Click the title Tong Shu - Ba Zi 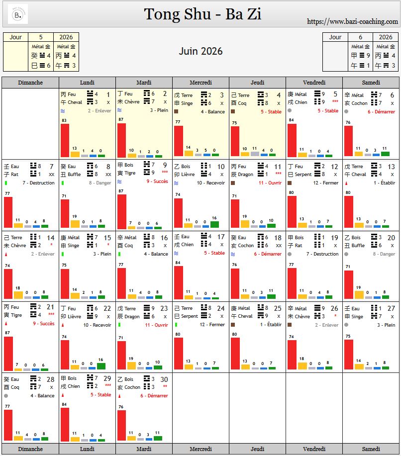click(202, 14)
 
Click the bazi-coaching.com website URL click(352, 21)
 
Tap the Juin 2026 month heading click(200, 51)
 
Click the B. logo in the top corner click(18, 14)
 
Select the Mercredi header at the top click(200, 83)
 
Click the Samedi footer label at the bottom click(371, 449)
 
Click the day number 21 click(50, 308)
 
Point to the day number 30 click(164, 379)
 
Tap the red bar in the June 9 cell click(122, 211)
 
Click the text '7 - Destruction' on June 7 click(38, 183)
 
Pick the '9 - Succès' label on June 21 click(44, 324)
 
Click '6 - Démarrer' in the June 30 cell click(154, 396)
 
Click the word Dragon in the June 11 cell click(245, 175)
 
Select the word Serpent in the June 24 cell click(190, 316)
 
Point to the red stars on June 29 click(107, 386)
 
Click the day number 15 click(107, 238)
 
